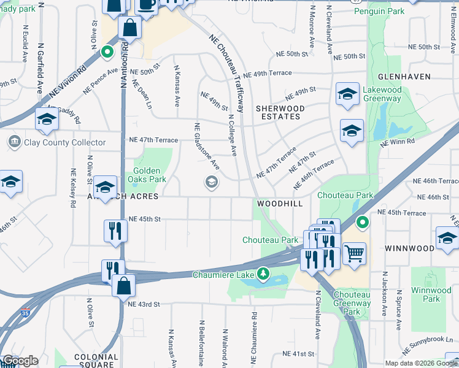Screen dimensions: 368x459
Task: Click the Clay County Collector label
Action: pyautogui.click(x=56, y=142)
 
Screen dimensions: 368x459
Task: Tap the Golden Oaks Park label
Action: pyautogui.click(x=147, y=175)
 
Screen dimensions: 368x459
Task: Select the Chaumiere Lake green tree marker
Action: pyautogui.click(x=263, y=273)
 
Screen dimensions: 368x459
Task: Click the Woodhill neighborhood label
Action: pyautogui.click(x=279, y=202)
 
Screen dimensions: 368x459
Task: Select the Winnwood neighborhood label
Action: pyautogui.click(x=409, y=248)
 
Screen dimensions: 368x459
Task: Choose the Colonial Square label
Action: pyautogui.click(x=95, y=356)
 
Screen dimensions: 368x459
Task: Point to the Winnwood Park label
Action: pyautogui.click(x=426, y=294)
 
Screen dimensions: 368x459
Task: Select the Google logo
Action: pyautogui.click(x=20, y=361)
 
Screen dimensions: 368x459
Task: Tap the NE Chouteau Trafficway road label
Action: pyautogui.click(x=225, y=59)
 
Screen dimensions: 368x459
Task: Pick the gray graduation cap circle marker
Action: pyautogui.click(x=212, y=182)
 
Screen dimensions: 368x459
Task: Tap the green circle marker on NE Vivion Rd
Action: pyautogui.click(x=107, y=52)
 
